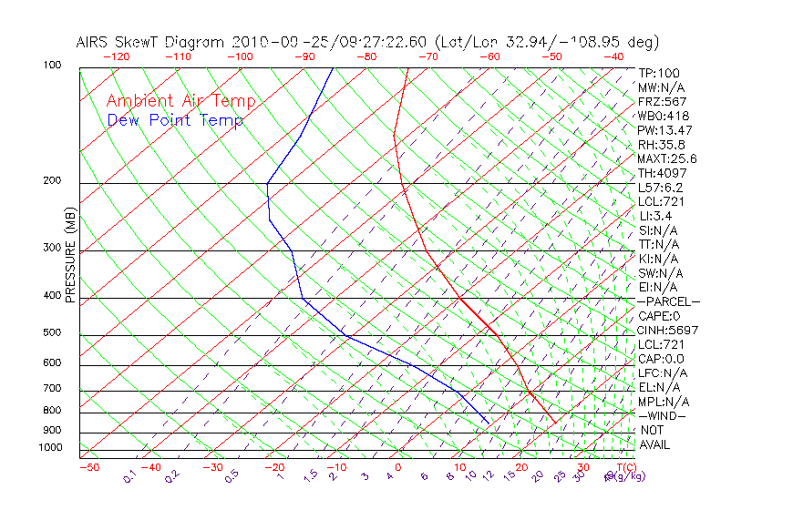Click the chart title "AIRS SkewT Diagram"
tap(151, 42)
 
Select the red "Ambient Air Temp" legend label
tap(180, 101)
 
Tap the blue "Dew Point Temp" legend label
tap(175, 120)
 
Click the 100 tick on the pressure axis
tap(52, 66)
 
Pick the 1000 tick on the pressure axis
tap(50, 448)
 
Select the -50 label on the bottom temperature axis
tap(88, 467)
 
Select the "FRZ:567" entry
tap(662, 101)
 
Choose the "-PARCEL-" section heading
tap(669, 301)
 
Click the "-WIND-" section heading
tap(663, 415)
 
